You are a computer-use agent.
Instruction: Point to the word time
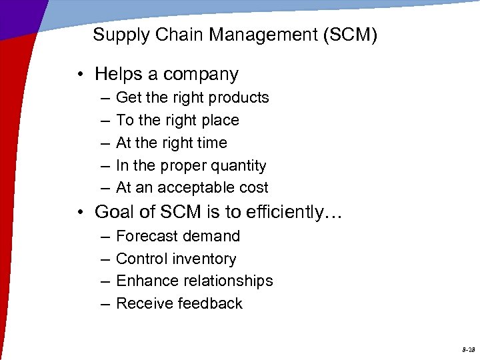point(212,143)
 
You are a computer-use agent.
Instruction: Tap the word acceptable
point(199,188)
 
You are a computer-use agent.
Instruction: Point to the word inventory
point(205,259)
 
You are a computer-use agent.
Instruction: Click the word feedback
point(213,303)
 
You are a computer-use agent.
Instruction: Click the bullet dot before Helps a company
point(80,75)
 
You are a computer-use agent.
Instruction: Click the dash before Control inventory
point(105,259)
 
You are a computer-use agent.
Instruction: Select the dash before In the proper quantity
point(105,166)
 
